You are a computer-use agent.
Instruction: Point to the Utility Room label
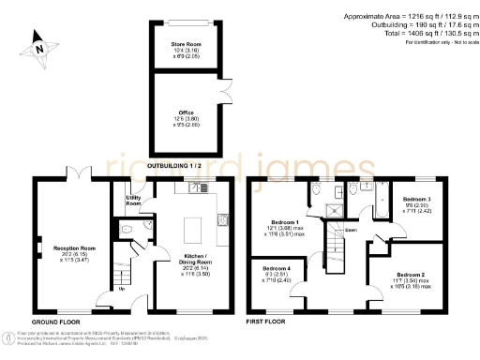[133, 200]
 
